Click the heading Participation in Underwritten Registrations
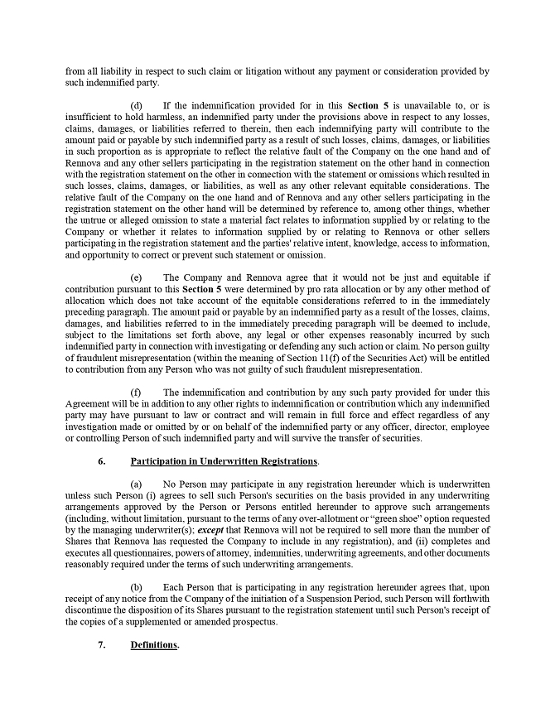224,460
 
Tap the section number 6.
101,460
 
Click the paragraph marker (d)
137,105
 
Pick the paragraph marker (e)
137,277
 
